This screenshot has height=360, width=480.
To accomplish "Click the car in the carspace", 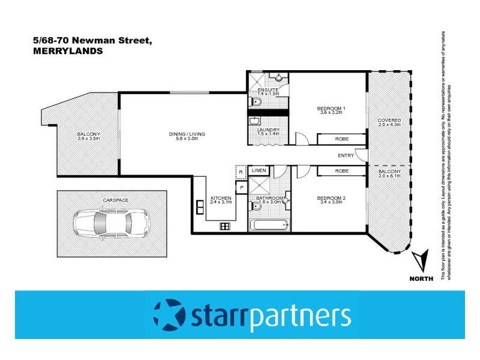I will click(x=112, y=223).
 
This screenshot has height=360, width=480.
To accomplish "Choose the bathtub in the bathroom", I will click(x=269, y=226).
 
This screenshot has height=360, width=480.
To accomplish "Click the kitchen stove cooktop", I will click(x=226, y=226).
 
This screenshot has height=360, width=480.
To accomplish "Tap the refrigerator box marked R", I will click(x=241, y=173).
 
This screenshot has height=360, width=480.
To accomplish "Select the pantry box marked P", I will click(x=241, y=187).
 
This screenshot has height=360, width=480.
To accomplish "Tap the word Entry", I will click(x=346, y=155).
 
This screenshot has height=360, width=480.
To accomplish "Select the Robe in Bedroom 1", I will click(x=342, y=139).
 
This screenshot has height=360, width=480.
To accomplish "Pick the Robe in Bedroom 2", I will click(x=342, y=172).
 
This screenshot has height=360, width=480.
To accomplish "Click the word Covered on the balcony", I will click(x=389, y=120).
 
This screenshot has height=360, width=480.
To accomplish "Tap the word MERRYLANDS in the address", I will click(x=68, y=52).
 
